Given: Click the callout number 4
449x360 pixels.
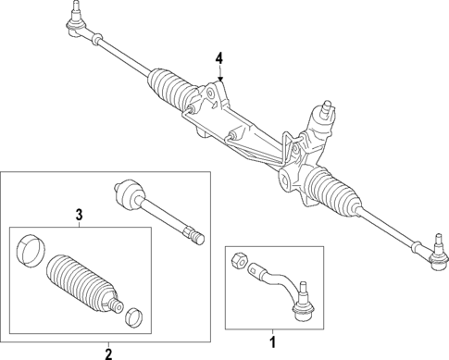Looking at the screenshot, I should (x=219, y=59).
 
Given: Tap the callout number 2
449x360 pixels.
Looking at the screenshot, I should (x=107, y=353).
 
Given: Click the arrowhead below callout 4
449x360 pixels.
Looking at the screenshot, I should (x=219, y=78).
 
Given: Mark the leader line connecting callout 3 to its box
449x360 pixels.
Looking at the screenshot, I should (x=80, y=224).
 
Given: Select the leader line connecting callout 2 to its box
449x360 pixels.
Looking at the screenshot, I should (x=107, y=341).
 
